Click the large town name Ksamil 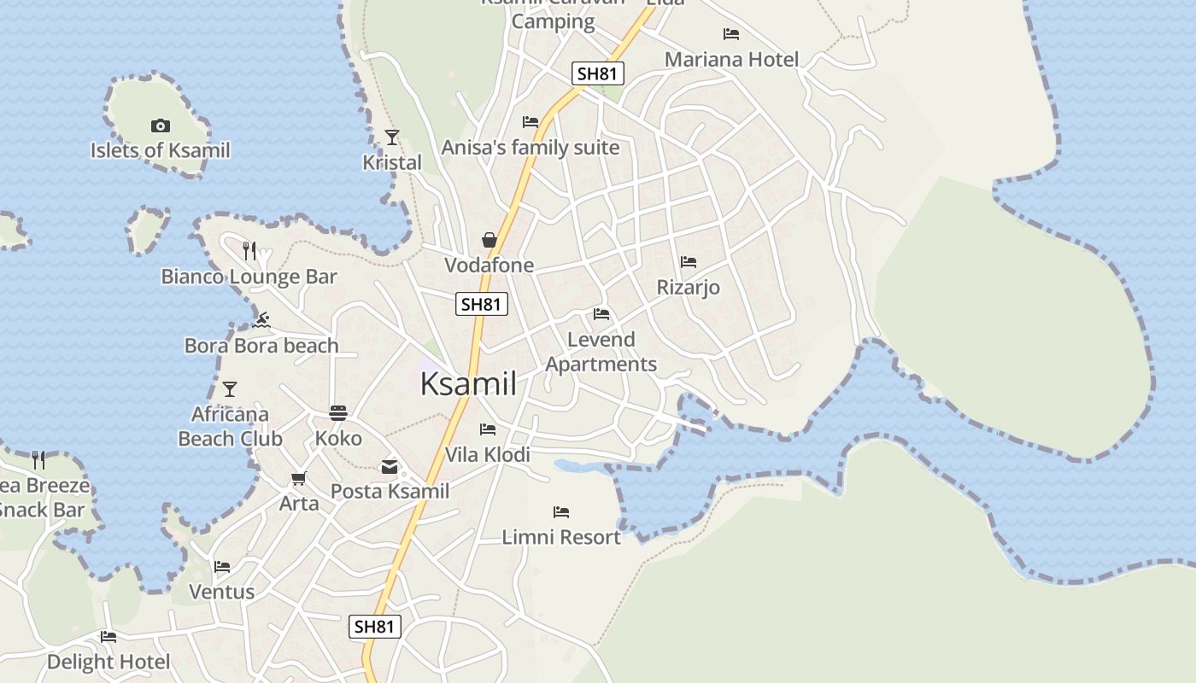pyautogui.click(x=468, y=384)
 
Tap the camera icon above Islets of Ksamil pyautogui.click(x=160, y=126)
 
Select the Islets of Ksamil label pyautogui.click(x=161, y=151)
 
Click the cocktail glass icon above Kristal pyautogui.click(x=392, y=137)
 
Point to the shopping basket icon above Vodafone pyautogui.click(x=490, y=240)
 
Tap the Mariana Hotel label pyautogui.click(x=731, y=60)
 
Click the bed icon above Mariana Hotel pyautogui.click(x=731, y=34)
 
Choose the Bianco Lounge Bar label pyautogui.click(x=249, y=277)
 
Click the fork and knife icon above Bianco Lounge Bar pyautogui.click(x=249, y=250)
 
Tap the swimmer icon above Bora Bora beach pyautogui.click(x=262, y=320)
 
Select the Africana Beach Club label pyautogui.click(x=230, y=426)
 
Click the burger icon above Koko pyautogui.click(x=338, y=413)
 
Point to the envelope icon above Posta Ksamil pyautogui.click(x=390, y=466)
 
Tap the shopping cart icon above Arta pyautogui.click(x=298, y=478)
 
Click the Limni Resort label pyautogui.click(x=560, y=537)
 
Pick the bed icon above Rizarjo pyautogui.click(x=689, y=262)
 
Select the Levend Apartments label pyautogui.click(x=601, y=352)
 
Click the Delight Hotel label pyautogui.click(x=108, y=662)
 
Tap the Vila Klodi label pyautogui.click(x=488, y=455)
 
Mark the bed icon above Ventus pyautogui.click(x=222, y=566)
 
